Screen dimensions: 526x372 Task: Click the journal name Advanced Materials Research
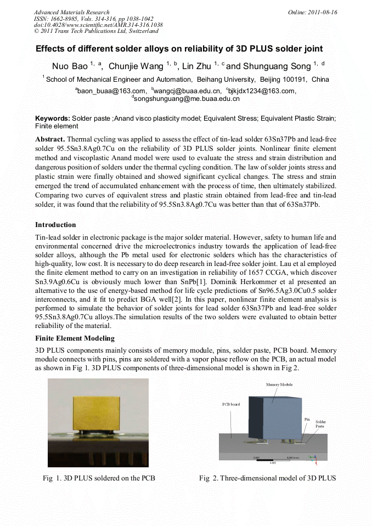point(71,12)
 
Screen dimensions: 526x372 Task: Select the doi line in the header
point(98,25)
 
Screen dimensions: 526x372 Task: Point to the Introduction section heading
point(55,225)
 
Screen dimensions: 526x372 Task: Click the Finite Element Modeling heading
point(75,338)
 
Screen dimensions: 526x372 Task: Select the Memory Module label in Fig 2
point(279,385)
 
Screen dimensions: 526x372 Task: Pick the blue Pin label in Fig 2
point(307,418)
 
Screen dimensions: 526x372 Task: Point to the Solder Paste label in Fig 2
point(320,424)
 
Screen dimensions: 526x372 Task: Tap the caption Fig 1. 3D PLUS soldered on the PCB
point(99,478)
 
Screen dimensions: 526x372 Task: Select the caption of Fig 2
point(267,478)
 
